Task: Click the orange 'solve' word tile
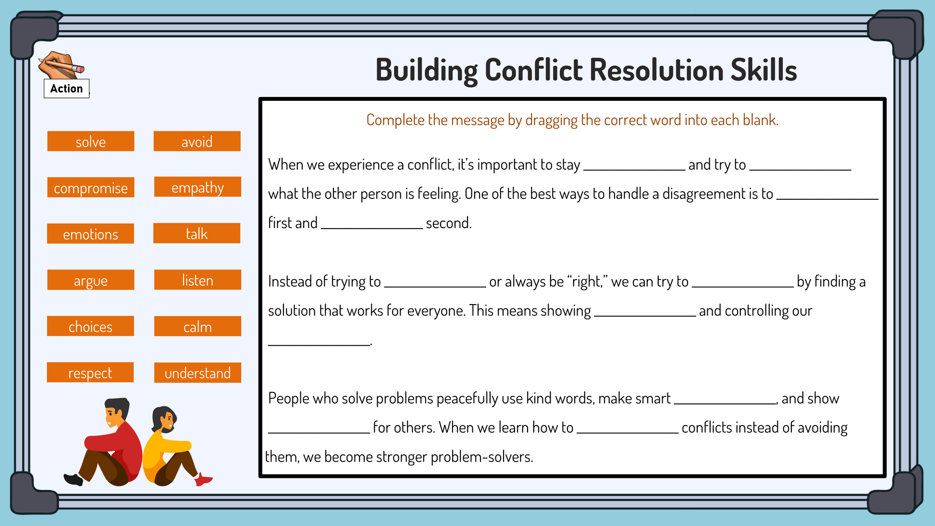[91, 141]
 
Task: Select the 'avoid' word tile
[197, 141]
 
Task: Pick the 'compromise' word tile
[91, 187]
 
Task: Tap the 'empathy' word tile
[197, 187]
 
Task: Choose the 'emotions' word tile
[90, 233]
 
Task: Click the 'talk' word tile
[197, 233]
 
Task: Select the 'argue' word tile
[91, 280]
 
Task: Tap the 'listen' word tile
[197, 280]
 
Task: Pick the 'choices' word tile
[90, 326]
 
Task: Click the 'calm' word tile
[197, 326]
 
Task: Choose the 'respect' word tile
[90, 372]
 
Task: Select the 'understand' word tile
[197, 373]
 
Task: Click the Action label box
[67, 88]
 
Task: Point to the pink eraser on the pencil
[80, 69]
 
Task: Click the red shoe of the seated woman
[203, 479]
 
